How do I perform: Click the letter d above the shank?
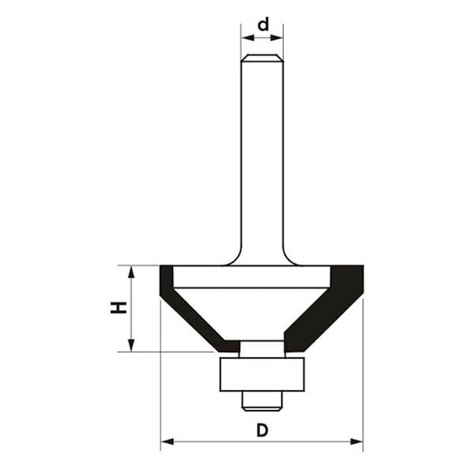(263, 25)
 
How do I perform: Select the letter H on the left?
(118, 307)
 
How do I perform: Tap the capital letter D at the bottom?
(262, 431)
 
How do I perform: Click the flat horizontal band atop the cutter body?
(251, 276)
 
